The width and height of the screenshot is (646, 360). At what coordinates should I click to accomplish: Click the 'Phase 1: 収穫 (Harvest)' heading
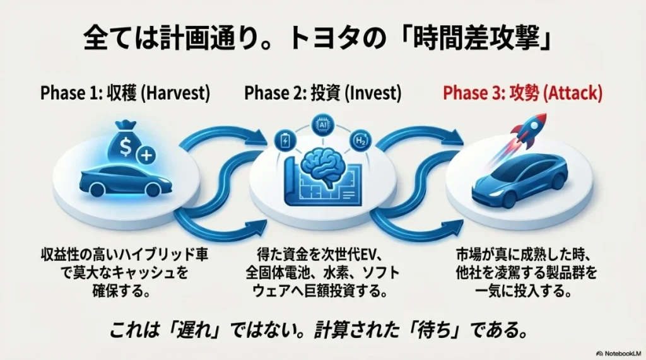point(124,93)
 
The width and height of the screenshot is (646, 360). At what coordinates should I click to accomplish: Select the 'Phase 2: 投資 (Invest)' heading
point(322,93)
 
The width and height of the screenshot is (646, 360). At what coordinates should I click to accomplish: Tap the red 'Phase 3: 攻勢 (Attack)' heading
point(522,93)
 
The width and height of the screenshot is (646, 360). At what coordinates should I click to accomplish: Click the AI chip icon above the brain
point(323,125)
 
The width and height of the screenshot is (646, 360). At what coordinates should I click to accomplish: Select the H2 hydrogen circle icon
point(360,140)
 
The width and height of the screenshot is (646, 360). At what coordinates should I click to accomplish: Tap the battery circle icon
point(285,140)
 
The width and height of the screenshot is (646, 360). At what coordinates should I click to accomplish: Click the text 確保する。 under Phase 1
point(124,293)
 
